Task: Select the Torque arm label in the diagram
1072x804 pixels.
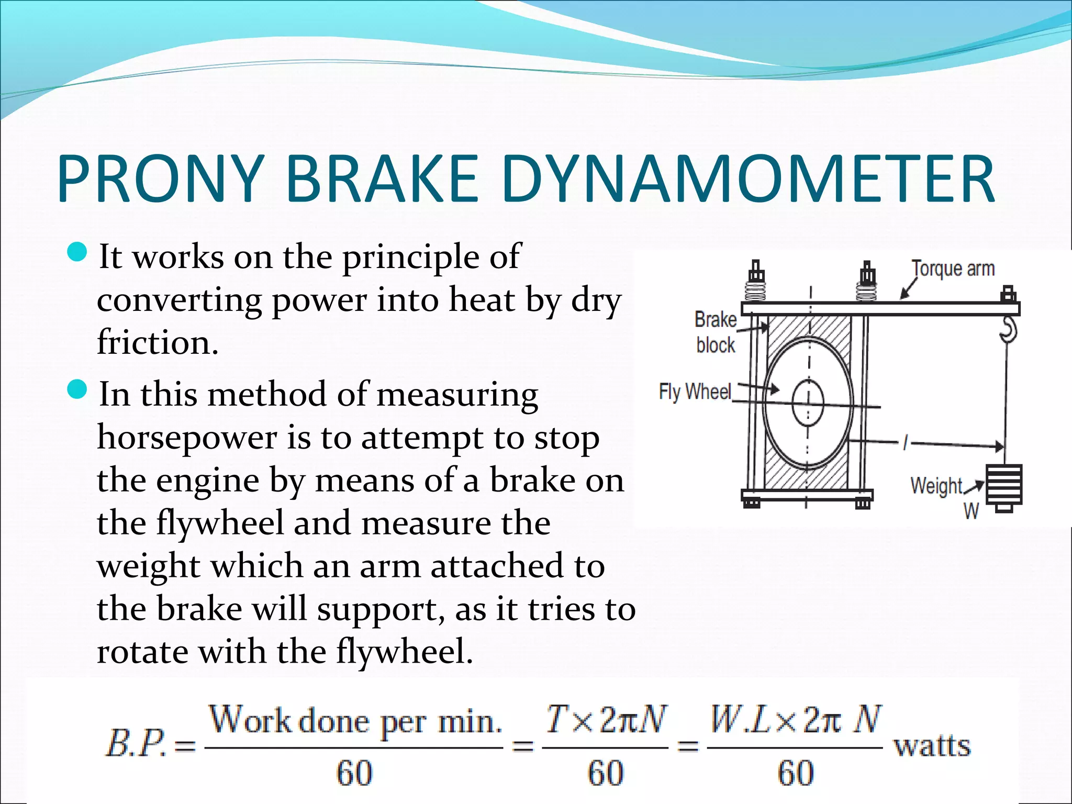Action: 953,269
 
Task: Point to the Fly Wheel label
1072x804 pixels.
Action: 695,392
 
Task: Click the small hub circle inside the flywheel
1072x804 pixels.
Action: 808,404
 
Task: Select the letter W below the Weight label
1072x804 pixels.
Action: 971,511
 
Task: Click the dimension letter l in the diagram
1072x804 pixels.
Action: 905,443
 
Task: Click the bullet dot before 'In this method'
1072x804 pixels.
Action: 77,389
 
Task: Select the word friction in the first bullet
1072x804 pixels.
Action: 157,343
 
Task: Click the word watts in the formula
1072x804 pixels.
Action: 932,745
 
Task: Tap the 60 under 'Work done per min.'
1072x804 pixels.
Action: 354,773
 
